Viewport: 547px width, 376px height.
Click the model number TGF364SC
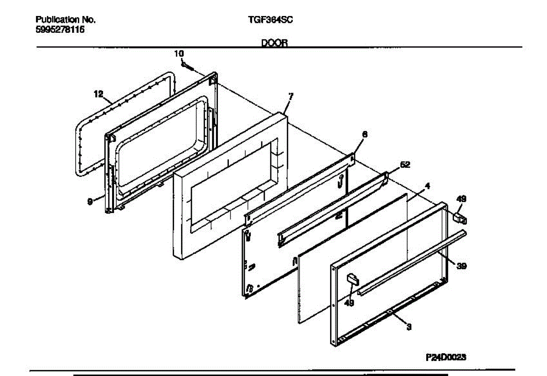pyautogui.click(x=270, y=20)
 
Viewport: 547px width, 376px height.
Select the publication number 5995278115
pyautogui.click(x=60, y=30)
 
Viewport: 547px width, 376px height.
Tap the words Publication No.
pyautogui.click(x=66, y=20)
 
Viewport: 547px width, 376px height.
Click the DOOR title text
pyautogui.click(x=274, y=43)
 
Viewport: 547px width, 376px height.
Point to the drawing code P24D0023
pyautogui.click(x=446, y=357)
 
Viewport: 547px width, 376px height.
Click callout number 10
pyautogui.click(x=179, y=54)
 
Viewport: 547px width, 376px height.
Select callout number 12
pyautogui.click(x=98, y=94)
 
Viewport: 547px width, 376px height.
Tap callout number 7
pyautogui.click(x=290, y=97)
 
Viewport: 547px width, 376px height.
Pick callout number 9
pyautogui.click(x=90, y=202)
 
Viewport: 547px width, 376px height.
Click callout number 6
pyautogui.click(x=365, y=134)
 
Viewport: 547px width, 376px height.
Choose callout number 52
pyautogui.click(x=405, y=165)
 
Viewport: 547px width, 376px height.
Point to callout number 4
pyautogui.click(x=427, y=186)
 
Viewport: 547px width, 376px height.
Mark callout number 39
pyautogui.click(x=461, y=266)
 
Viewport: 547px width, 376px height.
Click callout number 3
pyautogui.click(x=409, y=327)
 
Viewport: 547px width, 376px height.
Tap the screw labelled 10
pyautogui.click(x=187, y=67)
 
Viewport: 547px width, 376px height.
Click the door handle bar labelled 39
pyautogui.click(x=412, y=262)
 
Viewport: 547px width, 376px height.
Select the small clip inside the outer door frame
pyautogui.click(x=353, y=280)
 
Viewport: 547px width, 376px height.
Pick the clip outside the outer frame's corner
pyautogui.click(x=460, y=219)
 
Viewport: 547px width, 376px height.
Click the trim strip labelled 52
pyautogui.click(x=333, y=210)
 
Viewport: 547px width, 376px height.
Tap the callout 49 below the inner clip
pyautogui.click(x=349, y=303)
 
